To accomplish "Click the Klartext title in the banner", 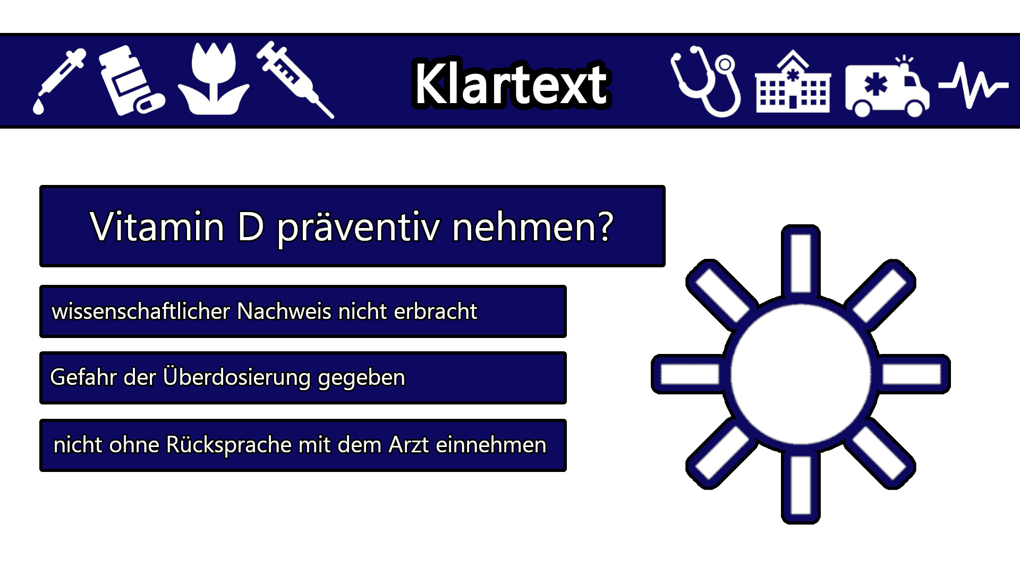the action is tap(511, 83).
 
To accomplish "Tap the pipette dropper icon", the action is tap(59, 81).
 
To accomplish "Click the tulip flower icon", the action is tap(213, 78).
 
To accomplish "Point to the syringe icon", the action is tap(295, 79).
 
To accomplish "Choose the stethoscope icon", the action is tap(705, 81).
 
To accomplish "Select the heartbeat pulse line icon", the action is tap(974, 85).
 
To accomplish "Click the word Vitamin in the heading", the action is tap(157, 226).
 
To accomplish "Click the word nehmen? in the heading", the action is tap(533, 226).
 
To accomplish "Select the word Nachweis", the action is tap(284, 311).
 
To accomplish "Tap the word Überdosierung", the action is tap(237, 377).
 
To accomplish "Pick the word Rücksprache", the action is tap(229, 445).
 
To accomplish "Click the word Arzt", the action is tap(409, 445).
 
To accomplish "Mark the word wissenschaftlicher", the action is tap(141, 311).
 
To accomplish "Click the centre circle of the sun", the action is tap(801, 374).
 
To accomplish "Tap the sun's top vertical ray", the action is tap(801, 262).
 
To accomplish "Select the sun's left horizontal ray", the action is tap(688, 374).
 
